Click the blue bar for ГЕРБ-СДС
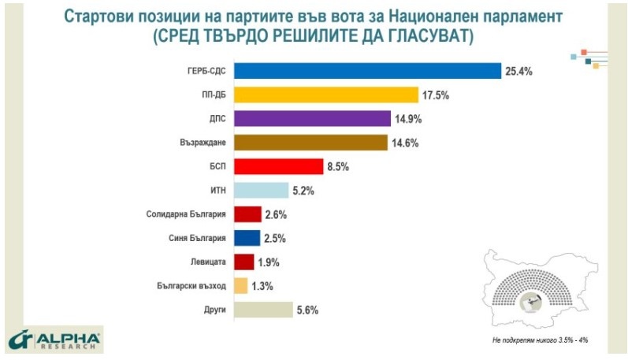coord(367,71)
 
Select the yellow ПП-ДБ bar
coord(325,95)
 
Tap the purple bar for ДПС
coord(312,119)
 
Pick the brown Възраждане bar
coord(311,143)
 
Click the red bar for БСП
coord(279,166)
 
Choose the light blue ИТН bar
coord(262,191)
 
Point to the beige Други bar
coord(263,310)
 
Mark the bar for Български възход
coord(241,286)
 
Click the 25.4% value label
coord(519,72)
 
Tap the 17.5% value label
coord(435,95)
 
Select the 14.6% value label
coord(406,143)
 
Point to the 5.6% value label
coord(307,310)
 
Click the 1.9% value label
coord(269,262)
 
